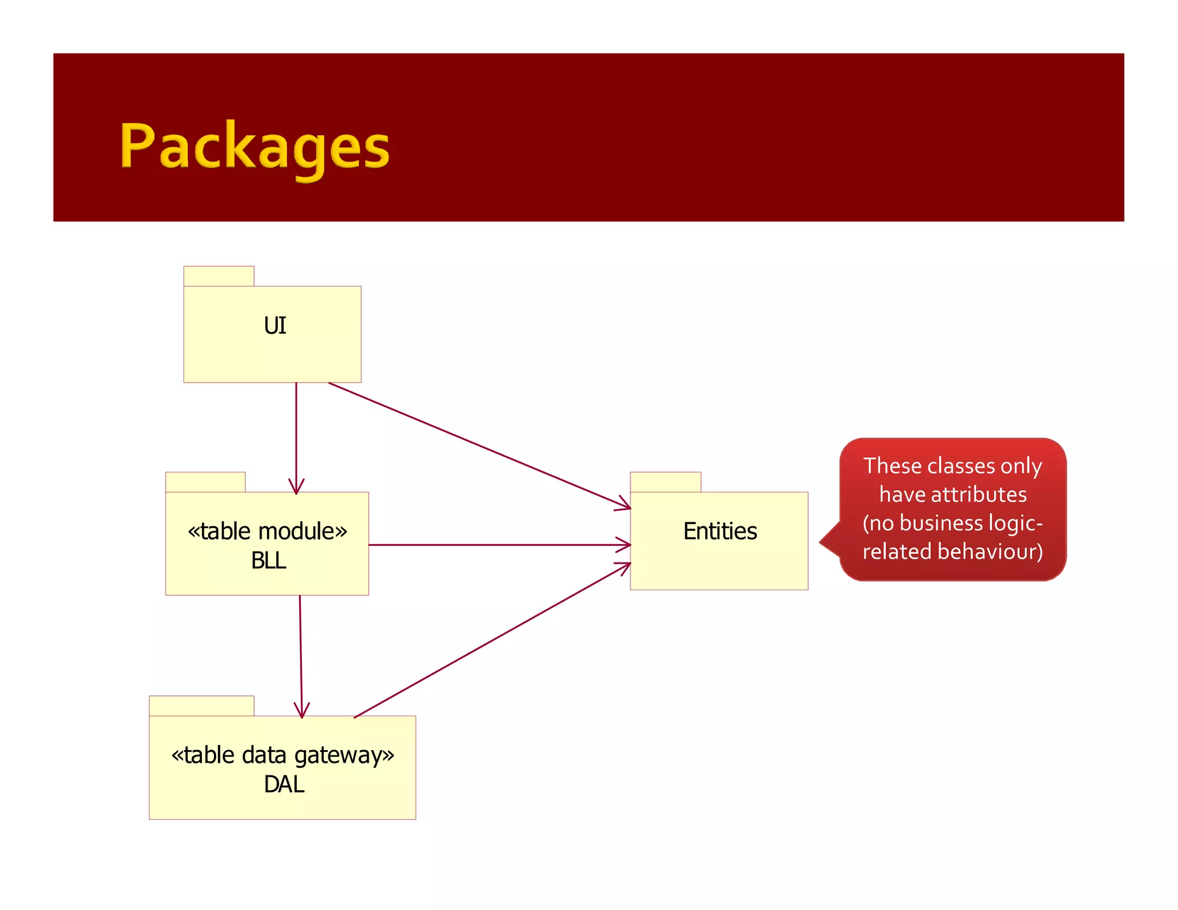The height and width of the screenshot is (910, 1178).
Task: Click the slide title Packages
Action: point(255,147)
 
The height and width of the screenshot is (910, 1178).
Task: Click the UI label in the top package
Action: point(275,326)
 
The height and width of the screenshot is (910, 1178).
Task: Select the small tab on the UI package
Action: point(219,276)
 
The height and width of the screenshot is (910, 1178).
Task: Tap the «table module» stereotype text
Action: point(267,531)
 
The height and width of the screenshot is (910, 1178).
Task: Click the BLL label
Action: point(268,561)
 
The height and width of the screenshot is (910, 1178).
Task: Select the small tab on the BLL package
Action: point(205,482)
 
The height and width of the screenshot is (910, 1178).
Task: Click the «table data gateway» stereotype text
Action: point(282,755)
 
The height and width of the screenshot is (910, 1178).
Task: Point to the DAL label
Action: point(284,785)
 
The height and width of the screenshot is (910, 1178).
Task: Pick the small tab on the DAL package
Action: point(201,706)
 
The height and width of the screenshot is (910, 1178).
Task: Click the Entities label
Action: point(720,531)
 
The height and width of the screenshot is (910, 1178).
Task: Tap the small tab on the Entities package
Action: point(666,482)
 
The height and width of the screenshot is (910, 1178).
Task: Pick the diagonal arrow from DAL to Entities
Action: point(492,640)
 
